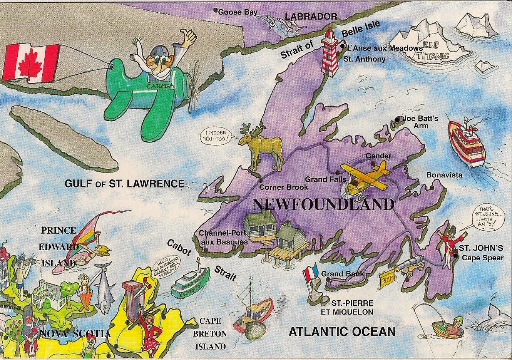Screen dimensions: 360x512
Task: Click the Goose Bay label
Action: pyautogui.click(x=238, y=12)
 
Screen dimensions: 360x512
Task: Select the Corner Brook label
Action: pyautogui.click(x=284, y=187)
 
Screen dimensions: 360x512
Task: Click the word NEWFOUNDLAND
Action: pyautogui.click(x=323, y=204)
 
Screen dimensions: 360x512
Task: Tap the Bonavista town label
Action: pyautogui.click(x=444, y=175)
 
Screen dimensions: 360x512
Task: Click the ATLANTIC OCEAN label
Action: pyautogui.click(x=342, y=332)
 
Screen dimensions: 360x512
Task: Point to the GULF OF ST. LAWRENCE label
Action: pyautogui.click(x=124, y=184)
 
